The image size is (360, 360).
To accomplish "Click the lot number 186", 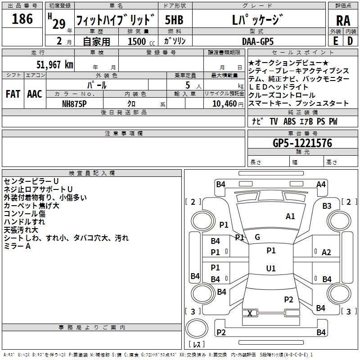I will click(22, 19).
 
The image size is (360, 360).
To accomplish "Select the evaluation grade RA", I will click(343, 20).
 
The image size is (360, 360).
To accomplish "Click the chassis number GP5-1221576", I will click(302, 143).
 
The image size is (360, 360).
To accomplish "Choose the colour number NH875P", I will click(75, 103).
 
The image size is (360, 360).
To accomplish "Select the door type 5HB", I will click(174, 20).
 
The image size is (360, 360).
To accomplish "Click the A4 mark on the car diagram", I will click(321, 184).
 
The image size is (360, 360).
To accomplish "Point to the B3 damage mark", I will click(327, 206).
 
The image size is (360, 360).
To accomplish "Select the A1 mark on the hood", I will click(290, 216).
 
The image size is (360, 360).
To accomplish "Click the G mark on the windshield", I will click(257, 237).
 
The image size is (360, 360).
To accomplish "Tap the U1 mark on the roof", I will click(270, 269).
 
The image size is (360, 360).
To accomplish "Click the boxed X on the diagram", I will click(250, 313).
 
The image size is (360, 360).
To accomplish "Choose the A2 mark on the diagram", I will click(326, 252).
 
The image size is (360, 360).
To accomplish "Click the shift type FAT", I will click(13, 94).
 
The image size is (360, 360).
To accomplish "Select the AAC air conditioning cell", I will click(35, 94).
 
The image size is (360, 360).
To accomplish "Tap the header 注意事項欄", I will click(123, 134).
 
